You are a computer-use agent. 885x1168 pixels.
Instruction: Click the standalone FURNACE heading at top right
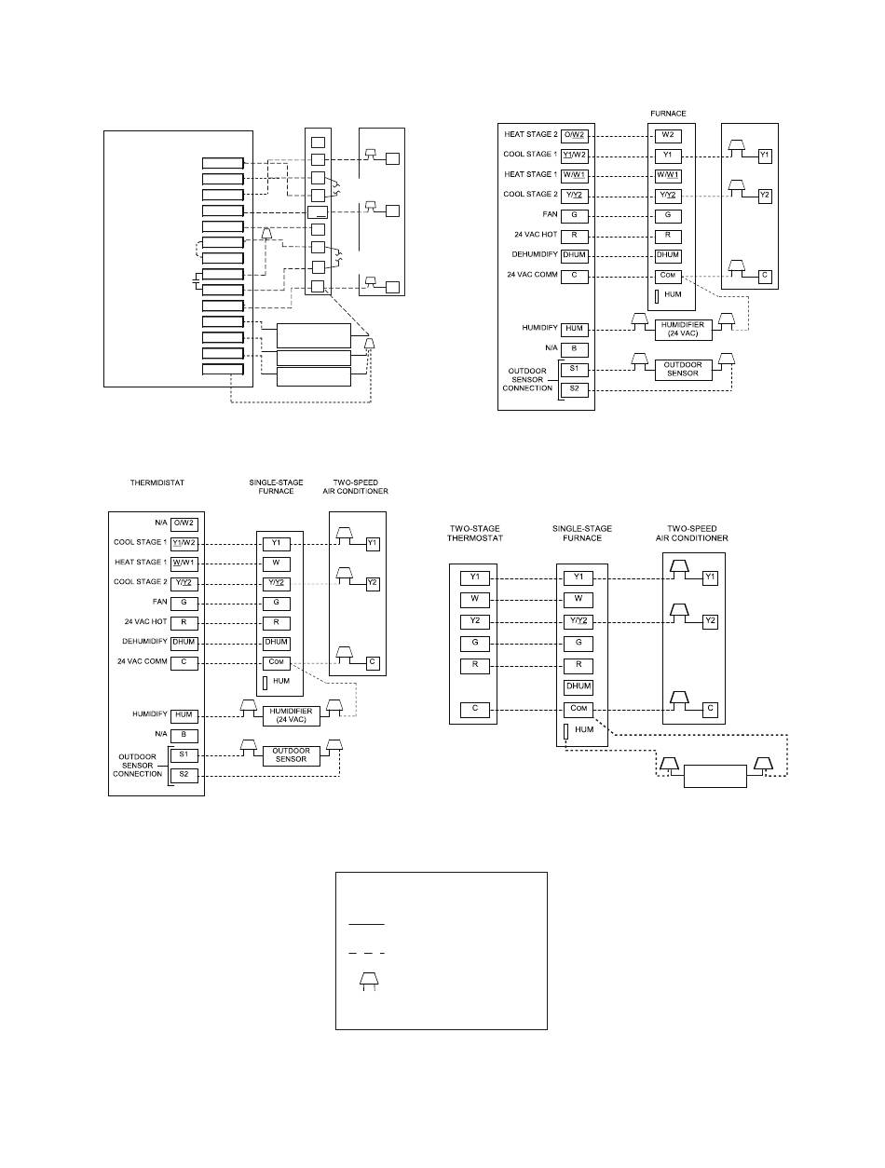(x=668, y=115)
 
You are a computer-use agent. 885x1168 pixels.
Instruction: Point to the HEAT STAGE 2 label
(x=530, y=135)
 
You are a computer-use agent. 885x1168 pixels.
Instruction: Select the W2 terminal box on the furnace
(x=668, y=135)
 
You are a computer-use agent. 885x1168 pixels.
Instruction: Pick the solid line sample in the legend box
(x=366, y=924)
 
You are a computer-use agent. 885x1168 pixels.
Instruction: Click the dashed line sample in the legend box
(x=366, y=953)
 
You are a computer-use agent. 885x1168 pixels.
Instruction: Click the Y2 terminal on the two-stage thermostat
(x=475, y=621)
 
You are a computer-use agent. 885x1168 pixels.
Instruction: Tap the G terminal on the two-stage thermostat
(x=475, y=643)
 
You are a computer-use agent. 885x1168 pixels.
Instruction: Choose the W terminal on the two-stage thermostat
(x=475, y=600)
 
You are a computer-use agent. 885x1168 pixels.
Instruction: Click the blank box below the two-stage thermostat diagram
(x=715, y=776)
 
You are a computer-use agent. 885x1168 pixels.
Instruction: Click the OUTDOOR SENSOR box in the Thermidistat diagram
(x=291, y=754)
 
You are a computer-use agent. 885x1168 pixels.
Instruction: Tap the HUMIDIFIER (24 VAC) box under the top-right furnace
(x=684, y=328)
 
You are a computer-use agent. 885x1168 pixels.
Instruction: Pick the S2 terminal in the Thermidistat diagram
(x=184, y=775)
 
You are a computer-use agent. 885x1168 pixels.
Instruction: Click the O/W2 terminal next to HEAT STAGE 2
(x=576, y=135)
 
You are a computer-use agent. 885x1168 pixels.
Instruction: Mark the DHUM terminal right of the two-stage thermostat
(x=579, y=687)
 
